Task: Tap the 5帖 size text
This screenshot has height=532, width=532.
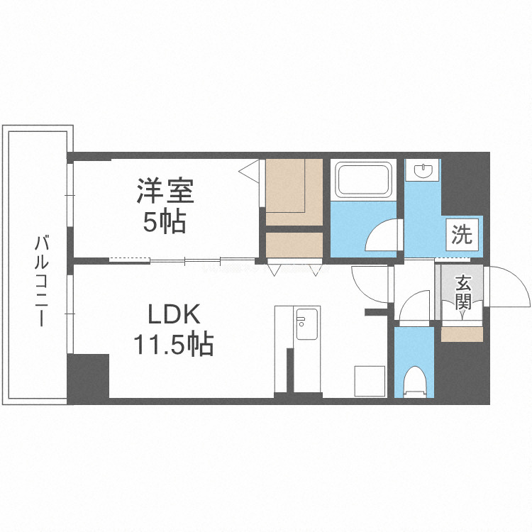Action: [x=165, y=223]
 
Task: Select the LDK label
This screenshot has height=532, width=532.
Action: [x=174, y=314]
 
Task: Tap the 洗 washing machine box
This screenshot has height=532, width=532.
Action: [x=462, y=235]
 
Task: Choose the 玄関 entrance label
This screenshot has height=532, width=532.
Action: [x=462, y=292]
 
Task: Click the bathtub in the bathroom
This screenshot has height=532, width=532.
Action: [x=363, y=179]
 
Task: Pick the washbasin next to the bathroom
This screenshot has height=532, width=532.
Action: [x=423, y=170]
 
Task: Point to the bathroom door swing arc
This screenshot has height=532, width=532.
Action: [x=385, y=235]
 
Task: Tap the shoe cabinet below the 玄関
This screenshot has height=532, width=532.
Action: [x=462, y=334]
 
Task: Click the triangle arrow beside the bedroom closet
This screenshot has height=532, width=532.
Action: [x=249, y=170]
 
